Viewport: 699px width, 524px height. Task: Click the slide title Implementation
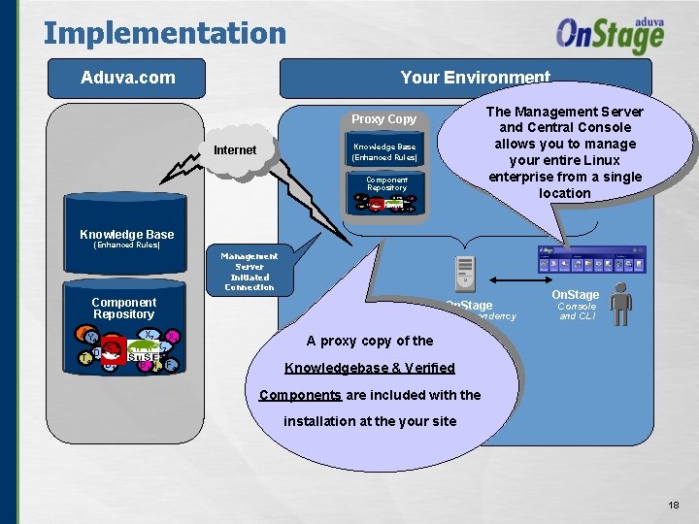(165, 33)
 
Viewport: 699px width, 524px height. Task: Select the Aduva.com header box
(128, 77)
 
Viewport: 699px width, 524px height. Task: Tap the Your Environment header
(475, 77)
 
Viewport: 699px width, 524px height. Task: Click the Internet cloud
(235, 149)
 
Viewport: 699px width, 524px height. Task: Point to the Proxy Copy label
(383, 119)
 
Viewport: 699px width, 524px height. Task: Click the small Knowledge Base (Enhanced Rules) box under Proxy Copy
(384, 151)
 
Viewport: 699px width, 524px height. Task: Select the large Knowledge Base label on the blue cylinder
(126, 234)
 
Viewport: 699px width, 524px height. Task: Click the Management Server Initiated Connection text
(249, 272)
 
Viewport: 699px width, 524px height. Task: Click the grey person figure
(619, 304)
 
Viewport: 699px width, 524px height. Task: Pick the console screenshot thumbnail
(591, 260)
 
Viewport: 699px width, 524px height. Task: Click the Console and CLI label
(576, 311)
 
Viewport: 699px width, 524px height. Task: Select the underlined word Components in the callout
(300, 395)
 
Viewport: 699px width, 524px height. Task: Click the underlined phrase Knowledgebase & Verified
(369, 368)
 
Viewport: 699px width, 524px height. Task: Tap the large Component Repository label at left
(123, 309)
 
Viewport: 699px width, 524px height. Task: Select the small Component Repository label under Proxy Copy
(386, 183)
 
